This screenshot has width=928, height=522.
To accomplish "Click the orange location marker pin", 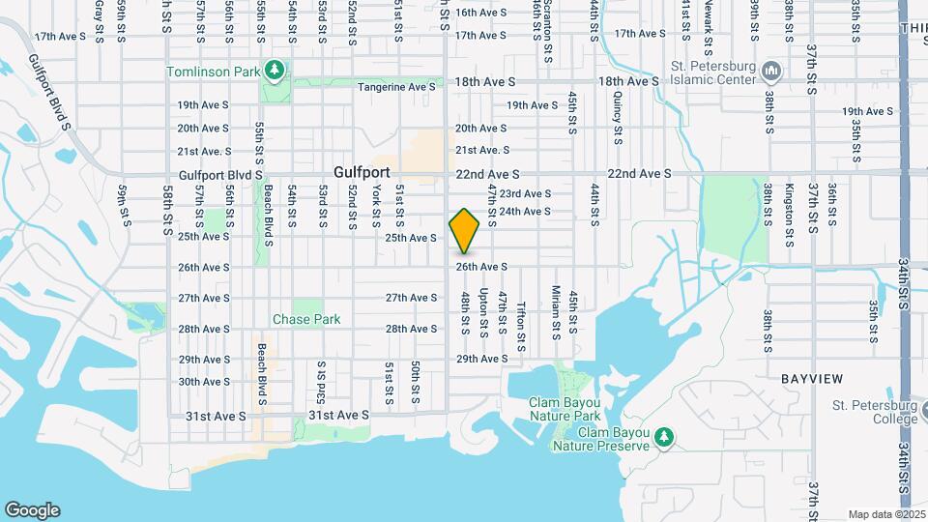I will [465, 230].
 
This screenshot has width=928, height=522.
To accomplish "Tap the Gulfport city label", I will [362, 171].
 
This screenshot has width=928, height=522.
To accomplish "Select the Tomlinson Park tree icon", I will [275, 70].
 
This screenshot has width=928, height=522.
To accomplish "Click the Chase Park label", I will [306, 319].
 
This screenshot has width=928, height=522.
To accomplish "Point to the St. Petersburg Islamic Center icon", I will [771, 72].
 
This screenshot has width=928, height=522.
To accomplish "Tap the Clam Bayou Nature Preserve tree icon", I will [664, 437].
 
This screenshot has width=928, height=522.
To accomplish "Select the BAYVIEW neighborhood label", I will [812, 378].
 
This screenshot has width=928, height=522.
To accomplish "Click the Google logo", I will [32, 510].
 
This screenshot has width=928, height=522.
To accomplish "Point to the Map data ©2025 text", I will [884, 514].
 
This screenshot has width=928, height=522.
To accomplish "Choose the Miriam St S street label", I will [556, 311].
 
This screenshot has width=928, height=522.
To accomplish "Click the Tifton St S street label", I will [521, 325].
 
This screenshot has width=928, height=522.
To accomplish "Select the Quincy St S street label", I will [616, 114].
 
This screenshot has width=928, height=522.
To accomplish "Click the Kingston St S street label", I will [789, 209].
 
